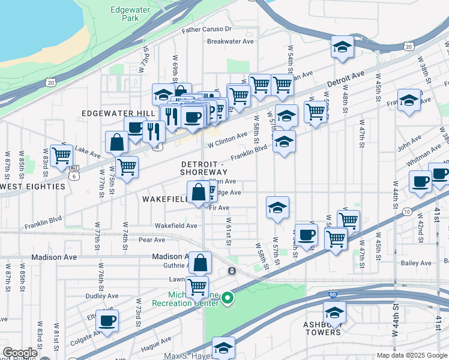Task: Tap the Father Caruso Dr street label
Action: [x=206, y=29]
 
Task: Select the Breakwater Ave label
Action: [x=231, y=41]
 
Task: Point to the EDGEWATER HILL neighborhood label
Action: [x=118, y=113]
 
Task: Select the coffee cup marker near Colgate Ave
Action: [x=107, y=321]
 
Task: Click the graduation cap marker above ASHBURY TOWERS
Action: [x=334, y=312]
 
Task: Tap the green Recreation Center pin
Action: [x=227, y=297]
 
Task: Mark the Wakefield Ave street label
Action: [x=176, y=226]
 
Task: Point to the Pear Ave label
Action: [x=151, y=240]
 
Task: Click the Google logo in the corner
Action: [x=20, y=353]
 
